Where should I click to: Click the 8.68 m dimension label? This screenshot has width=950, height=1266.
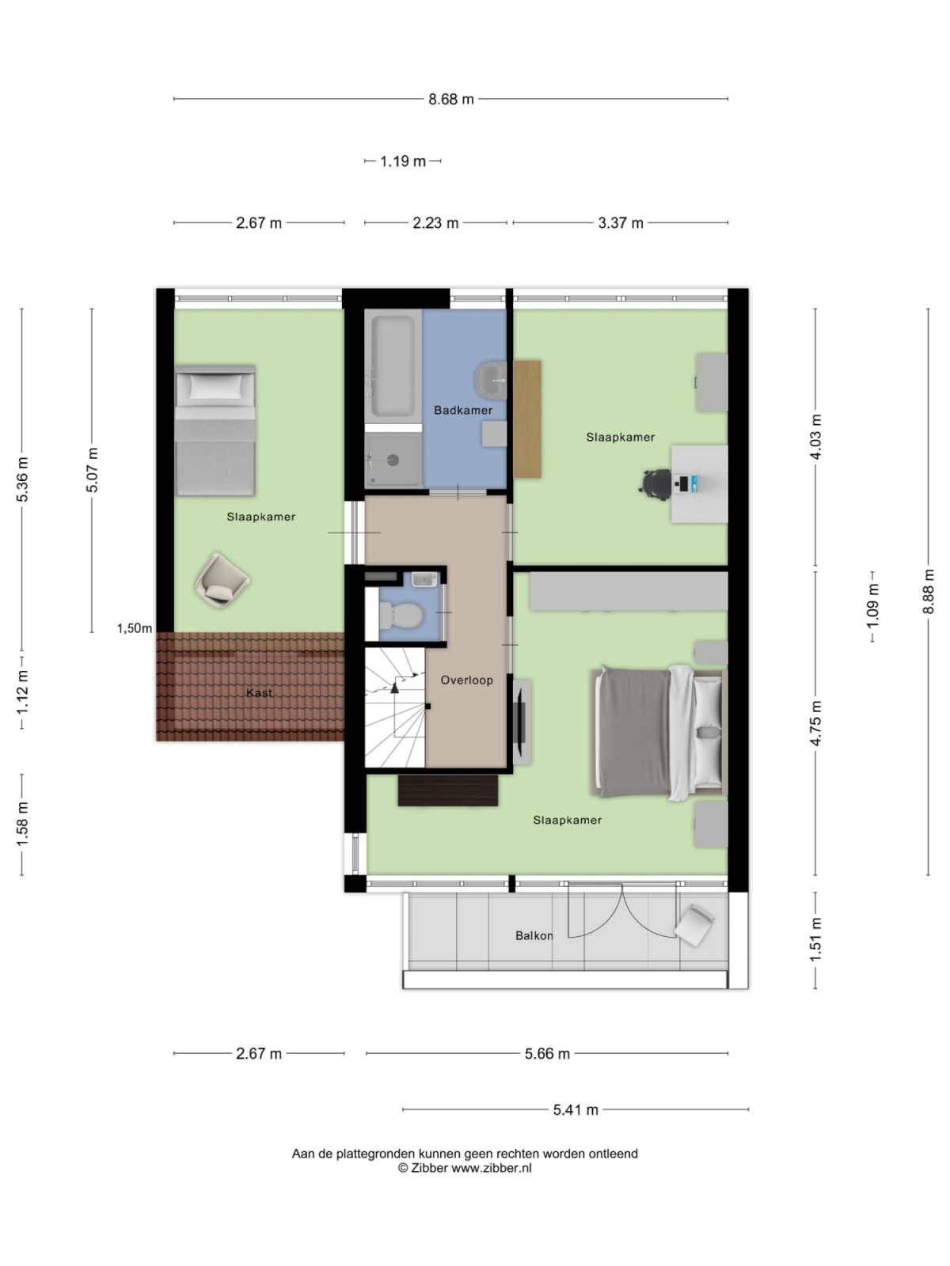[451, 99]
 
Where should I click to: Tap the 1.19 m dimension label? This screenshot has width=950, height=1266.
[403, 161]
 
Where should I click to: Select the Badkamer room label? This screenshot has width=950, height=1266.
[463, 410]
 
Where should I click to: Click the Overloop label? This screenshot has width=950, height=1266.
[466, 680]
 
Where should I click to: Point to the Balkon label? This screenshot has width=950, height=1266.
[534, 935]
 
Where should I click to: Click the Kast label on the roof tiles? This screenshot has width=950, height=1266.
[259, 692]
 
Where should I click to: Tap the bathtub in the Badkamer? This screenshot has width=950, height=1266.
[393, 366]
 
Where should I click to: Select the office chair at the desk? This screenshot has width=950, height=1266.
[655, 481]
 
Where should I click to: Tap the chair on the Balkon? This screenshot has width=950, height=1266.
[694, 925]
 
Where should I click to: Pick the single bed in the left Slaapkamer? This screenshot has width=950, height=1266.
[215, 430]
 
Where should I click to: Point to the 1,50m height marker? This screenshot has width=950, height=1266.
[135, 628]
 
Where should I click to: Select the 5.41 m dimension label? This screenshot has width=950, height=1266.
[576, 1109]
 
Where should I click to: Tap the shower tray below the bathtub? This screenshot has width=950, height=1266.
[393, 459]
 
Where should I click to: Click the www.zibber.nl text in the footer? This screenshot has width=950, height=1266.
[492, 1168]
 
